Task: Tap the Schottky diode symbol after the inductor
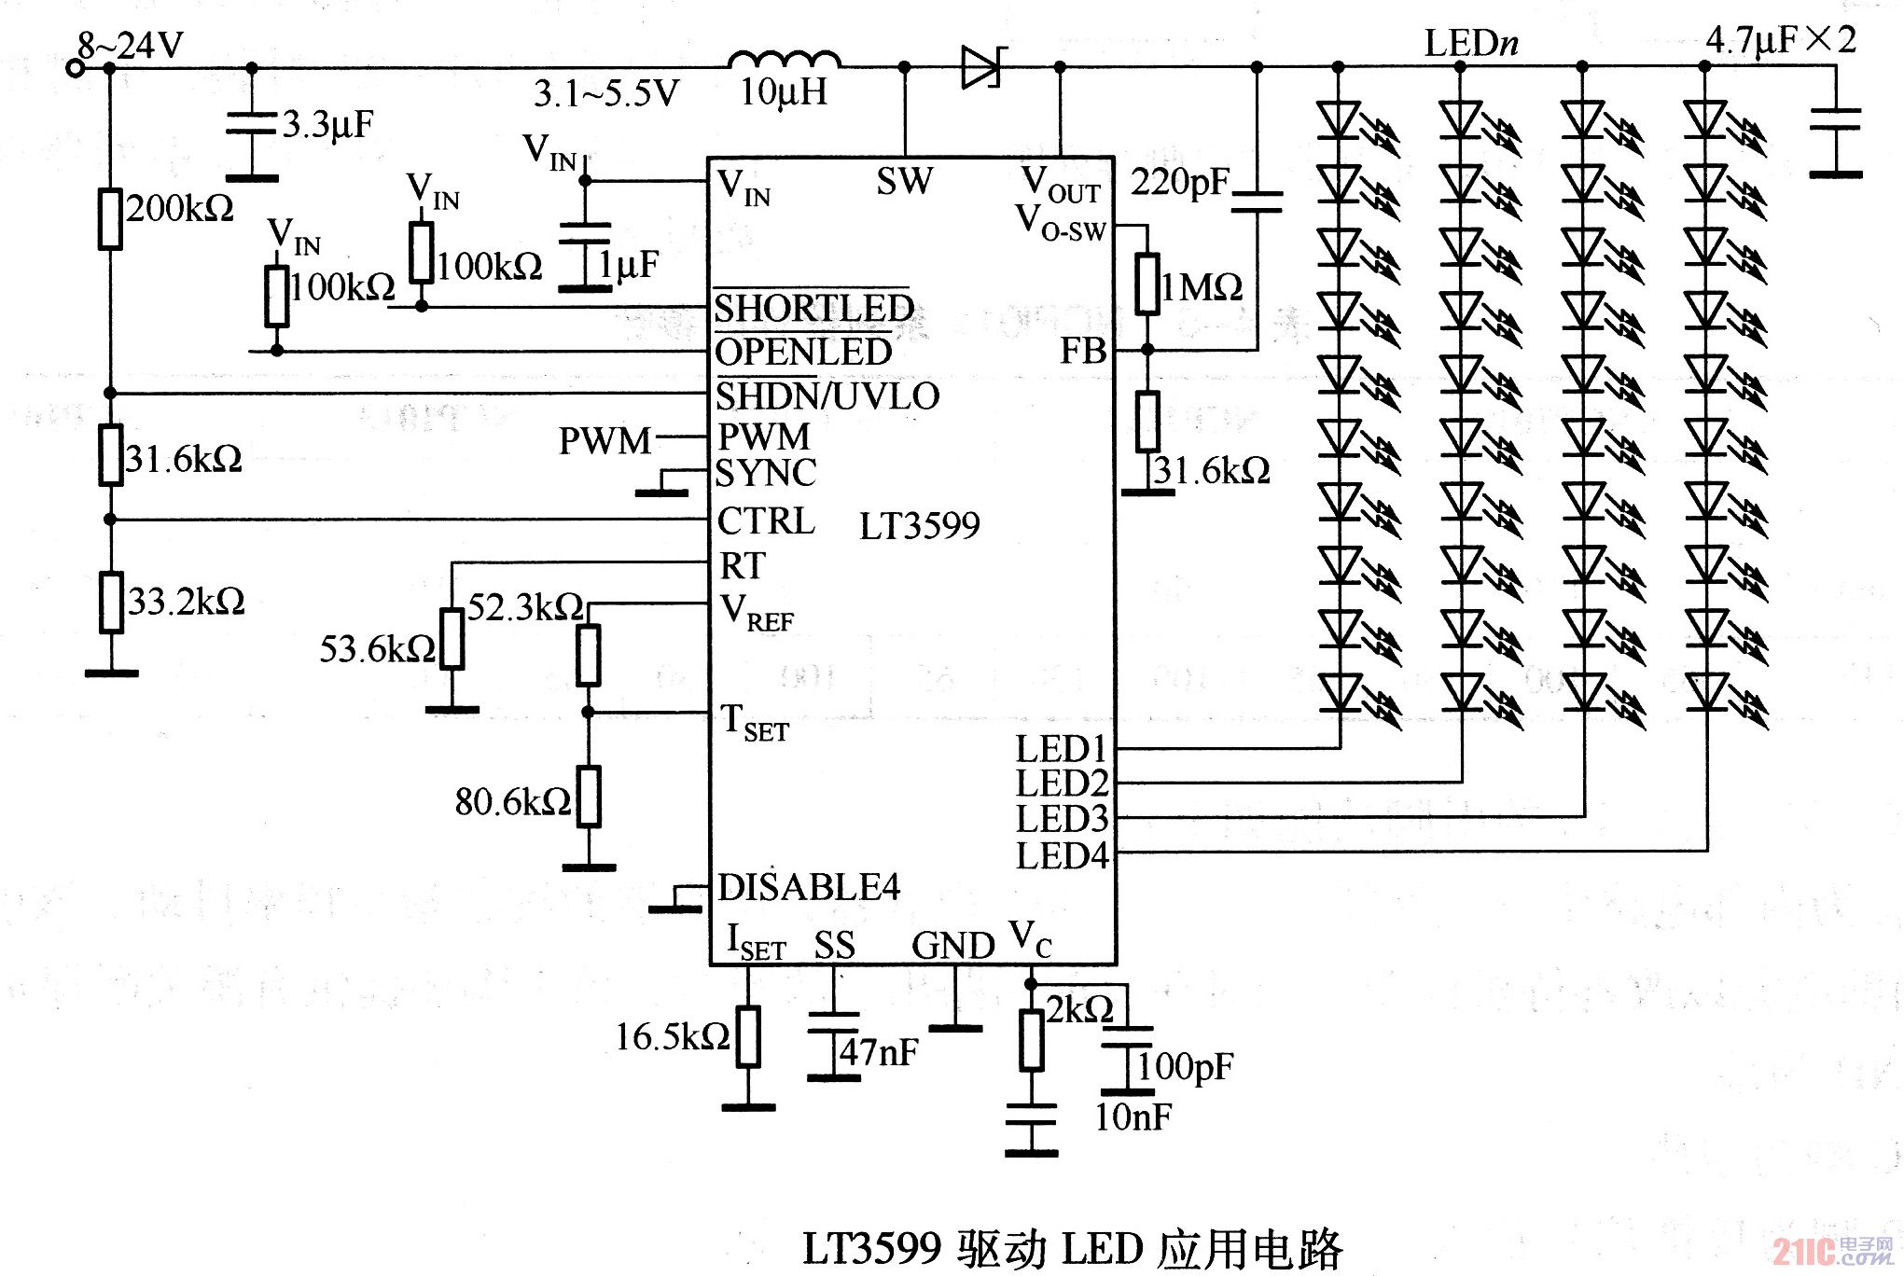pos(982,66)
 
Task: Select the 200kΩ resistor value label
pos(180,208)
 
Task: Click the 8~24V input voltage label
pos(130,44)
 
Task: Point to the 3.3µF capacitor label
pos(327,123)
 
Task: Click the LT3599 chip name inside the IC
pos(919,526)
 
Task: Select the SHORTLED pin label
pos(813,308)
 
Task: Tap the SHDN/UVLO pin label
pos(827,396)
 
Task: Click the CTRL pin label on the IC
pos(765,520)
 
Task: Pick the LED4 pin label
pos(1062,855)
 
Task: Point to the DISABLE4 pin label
pos(808,887)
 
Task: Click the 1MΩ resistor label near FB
pos(1202,286)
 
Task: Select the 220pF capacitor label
pos(1180,182)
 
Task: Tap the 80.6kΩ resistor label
pos(512,801)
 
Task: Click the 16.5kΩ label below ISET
pos(672,1036)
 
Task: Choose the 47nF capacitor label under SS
pos(878,1052)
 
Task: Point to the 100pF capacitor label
pos(1185,1065)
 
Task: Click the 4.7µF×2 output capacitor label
pos(1780,40)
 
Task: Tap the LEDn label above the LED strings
pos(1471,43)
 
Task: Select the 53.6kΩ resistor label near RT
pos(377,648)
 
